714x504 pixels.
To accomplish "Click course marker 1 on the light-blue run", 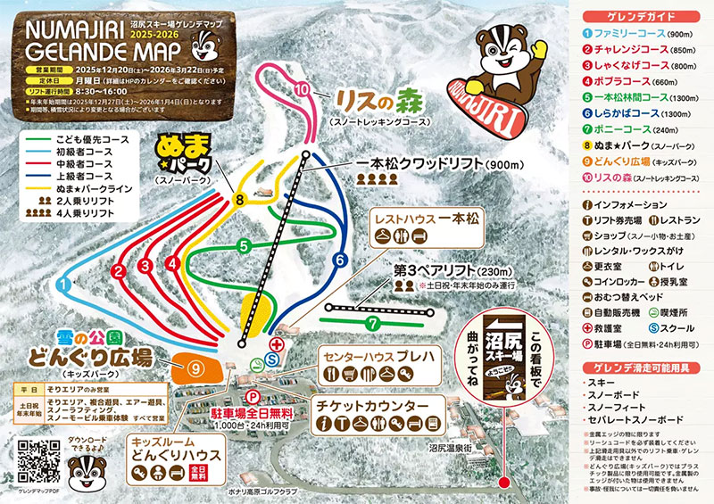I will point(63,283).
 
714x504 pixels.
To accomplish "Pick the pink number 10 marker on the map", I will point(303,89).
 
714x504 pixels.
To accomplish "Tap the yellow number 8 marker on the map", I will point(239,200).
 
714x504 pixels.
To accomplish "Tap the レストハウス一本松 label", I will point(428,219).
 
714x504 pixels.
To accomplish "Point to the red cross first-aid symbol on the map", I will point(276,343).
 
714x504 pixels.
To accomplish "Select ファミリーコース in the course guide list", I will point(637,35).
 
